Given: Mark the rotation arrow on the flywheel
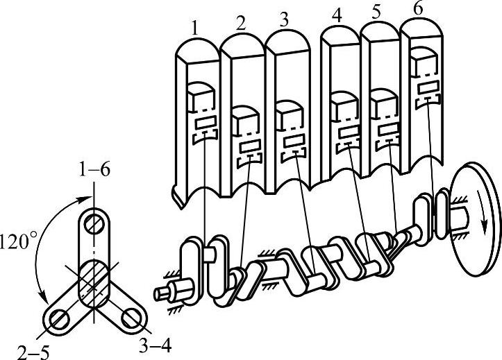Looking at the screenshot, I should point(480,207).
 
